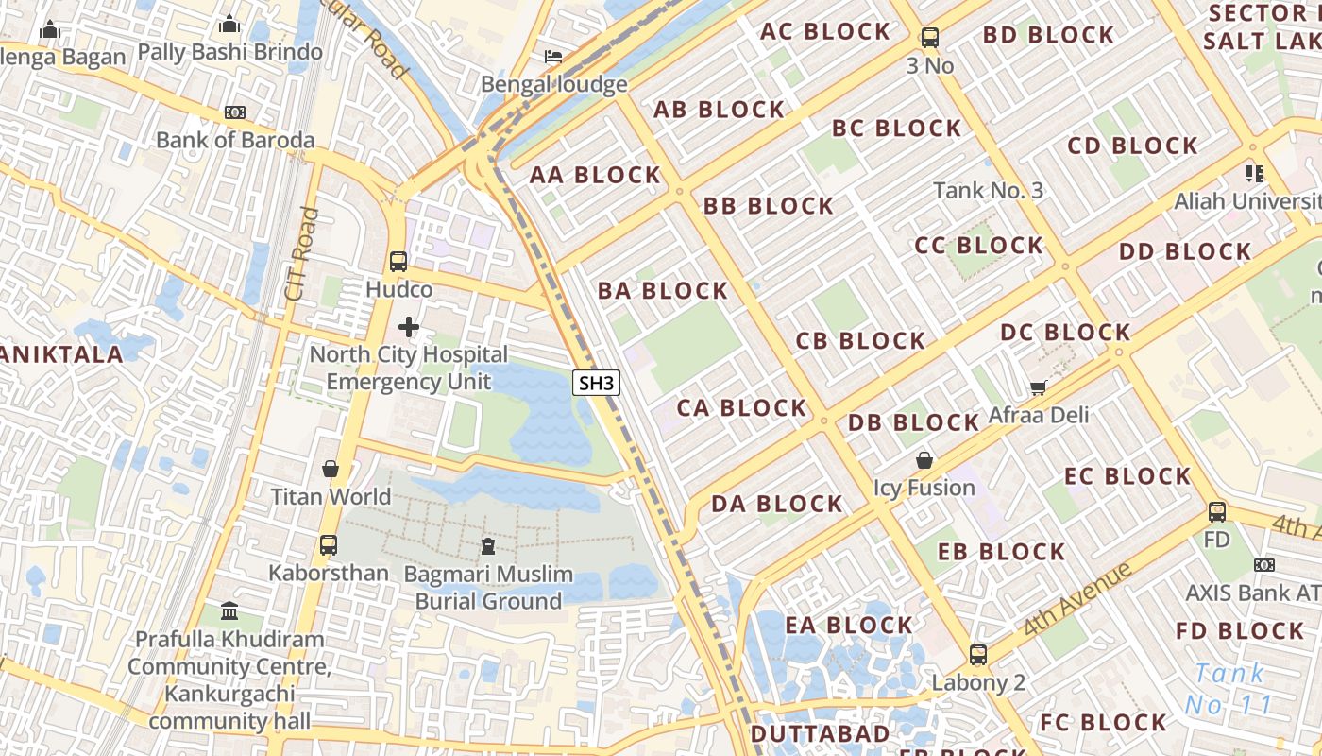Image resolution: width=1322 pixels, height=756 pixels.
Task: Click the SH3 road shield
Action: click(597, 383)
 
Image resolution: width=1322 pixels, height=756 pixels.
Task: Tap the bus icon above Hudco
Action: click(398, 262)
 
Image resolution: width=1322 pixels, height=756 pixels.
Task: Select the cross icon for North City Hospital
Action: click(409, 327)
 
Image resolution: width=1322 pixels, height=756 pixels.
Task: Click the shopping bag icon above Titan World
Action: click(330, 469)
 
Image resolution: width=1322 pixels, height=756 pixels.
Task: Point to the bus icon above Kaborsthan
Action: click(329, 545)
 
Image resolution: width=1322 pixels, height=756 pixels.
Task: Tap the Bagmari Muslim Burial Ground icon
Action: click(487, 546)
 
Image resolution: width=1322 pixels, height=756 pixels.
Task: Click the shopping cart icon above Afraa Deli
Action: click(1039, 387)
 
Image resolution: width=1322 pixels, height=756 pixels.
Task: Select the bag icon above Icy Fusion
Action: click(924, 460)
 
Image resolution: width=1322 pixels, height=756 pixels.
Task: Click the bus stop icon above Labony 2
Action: click(978, 655)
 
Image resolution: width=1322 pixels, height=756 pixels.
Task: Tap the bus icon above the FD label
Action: click(1217, 512)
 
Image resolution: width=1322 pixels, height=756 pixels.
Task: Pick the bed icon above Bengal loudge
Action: click(553, 57)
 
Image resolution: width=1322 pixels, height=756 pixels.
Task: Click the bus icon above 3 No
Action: click(930, 38)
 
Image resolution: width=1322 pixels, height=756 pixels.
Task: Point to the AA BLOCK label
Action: click(595, 175)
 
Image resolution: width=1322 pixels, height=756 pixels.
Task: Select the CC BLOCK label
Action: click(978, 246)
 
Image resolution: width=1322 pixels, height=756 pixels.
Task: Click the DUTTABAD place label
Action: click(820, 734)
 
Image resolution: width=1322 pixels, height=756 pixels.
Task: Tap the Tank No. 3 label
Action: click(988, 190)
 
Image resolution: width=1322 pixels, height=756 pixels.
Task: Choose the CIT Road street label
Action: click(301, 255)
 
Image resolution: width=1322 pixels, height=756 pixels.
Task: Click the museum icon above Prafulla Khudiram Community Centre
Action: click(229, 611)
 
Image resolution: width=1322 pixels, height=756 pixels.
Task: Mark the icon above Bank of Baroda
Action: click(235, 112)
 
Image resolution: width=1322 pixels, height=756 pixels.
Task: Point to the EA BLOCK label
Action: click(849, 625)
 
